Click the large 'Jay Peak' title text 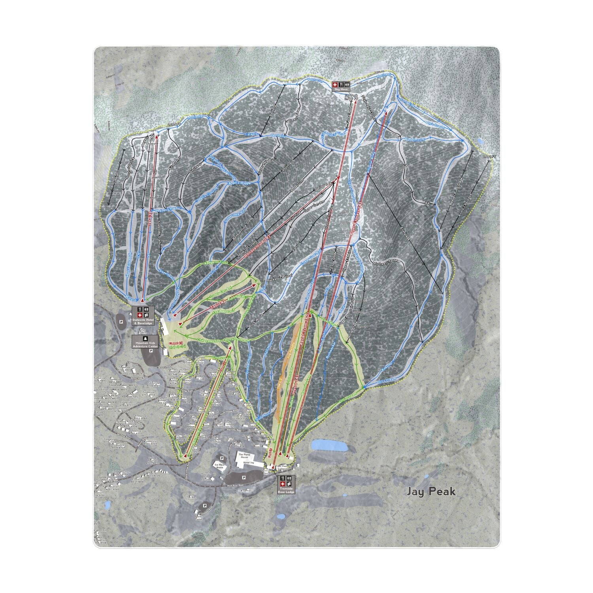click(x=431, y=491)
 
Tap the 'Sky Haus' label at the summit click(x=341, y=90)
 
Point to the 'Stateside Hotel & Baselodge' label click(x=142, y=321)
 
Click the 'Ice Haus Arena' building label click(x=219, y=466)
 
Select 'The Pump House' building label click(x=243, y=455)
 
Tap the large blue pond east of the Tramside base click(x=329, y=446)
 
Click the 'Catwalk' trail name click(x=251, y=134)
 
